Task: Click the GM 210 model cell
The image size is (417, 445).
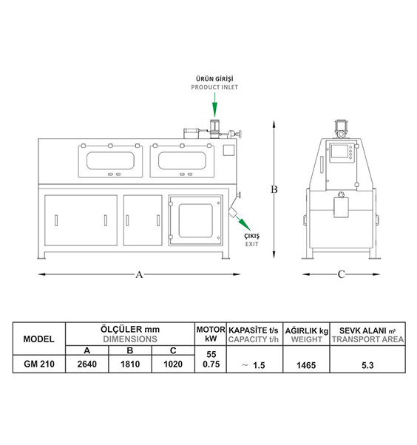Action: [x=39, y=364]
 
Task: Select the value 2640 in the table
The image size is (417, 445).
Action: [x=87, y=364]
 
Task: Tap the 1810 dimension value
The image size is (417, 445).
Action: [x=130, y=364]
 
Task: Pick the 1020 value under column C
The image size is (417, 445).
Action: [x=173, y=364]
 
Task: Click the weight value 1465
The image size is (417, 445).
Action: [x=306, y=365]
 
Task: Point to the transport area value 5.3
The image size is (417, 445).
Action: [x=367, y=365]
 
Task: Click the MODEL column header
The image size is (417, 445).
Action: [x=38, y=339]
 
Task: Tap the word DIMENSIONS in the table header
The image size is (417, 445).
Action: [x=130, y=339]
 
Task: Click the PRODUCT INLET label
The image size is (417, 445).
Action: [x=214, y=87]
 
